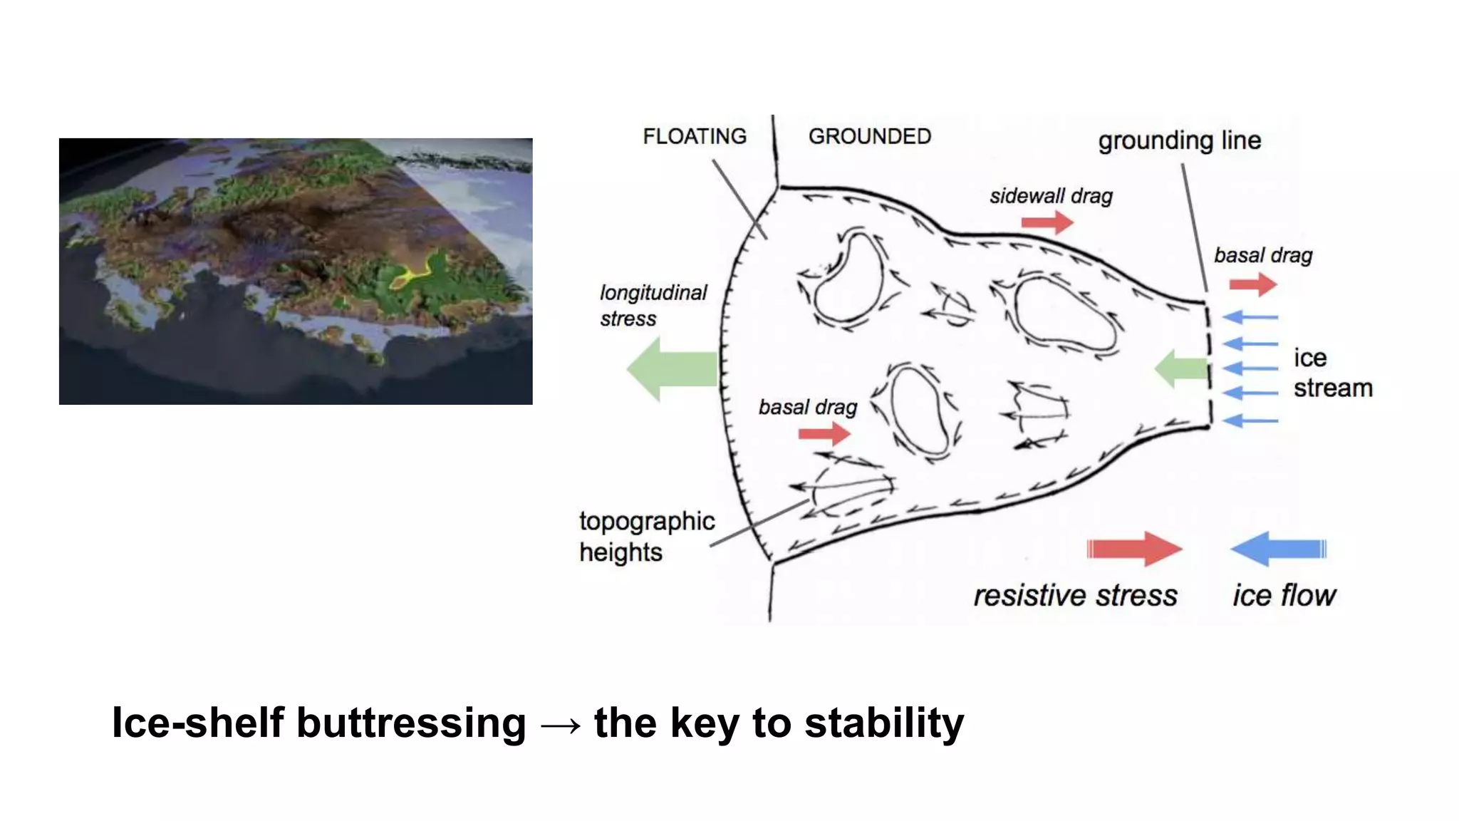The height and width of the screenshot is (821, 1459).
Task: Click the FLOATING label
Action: pos(695,136)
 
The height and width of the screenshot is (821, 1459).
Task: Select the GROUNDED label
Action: pos(869,136)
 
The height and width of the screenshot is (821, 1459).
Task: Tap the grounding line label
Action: pos(1179,140)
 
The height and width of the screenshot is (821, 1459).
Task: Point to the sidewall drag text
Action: pos(1051,196)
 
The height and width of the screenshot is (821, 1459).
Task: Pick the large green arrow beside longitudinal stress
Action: pos(671,369)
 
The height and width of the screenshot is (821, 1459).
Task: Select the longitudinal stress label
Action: pos(653,305)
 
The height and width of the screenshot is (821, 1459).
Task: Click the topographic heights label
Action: pos(646,537)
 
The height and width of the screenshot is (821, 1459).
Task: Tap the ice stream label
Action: pos(1332,373)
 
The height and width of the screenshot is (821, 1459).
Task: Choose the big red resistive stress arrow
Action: pos(1134,549)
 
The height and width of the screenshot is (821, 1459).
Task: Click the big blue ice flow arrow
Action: pos(1278,549)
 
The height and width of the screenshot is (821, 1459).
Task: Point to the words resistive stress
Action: pos(1075,596)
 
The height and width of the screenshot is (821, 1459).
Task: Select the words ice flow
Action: pos(1284,596)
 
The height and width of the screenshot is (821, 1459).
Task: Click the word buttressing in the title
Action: pos(411,723)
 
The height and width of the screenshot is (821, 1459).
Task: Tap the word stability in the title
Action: pos(884,723)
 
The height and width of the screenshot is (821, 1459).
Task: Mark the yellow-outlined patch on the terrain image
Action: pos(412,274)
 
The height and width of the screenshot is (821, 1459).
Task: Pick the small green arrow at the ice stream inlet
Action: pos(1180,368)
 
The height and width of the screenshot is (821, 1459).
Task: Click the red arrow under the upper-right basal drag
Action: pos(1252,284)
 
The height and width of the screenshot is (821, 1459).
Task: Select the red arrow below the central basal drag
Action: pos(824,433)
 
